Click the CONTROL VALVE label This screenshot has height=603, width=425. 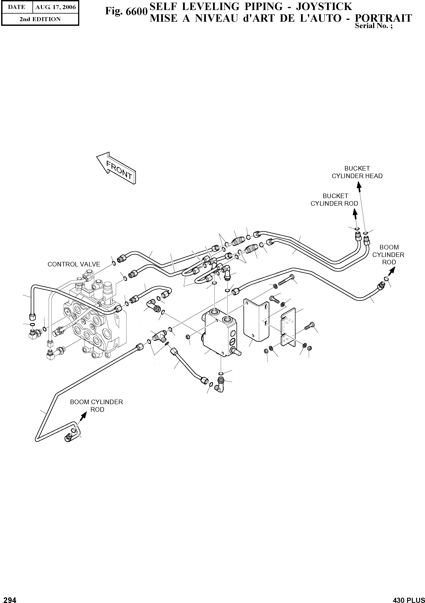74,264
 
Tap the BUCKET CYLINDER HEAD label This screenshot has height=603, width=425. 357,172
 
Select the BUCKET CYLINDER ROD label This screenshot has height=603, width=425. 334,200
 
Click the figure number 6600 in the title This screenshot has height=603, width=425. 126,11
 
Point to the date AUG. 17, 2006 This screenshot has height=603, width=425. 55,7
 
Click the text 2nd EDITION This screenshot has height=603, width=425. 40,19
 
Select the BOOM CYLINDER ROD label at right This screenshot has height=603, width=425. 389,255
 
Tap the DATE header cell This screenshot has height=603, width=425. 17,7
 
